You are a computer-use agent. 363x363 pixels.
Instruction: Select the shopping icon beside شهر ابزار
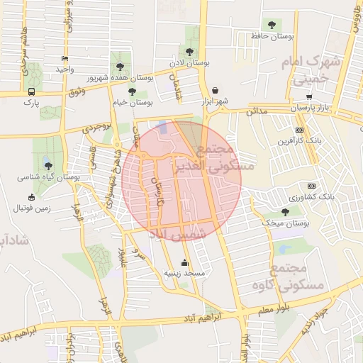click(215, 90)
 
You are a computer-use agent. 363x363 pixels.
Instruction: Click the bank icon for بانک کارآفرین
click(300, 130)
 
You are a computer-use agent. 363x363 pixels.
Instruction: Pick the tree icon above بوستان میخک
click(285, 212)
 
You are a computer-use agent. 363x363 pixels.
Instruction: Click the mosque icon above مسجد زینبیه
click(185, 262)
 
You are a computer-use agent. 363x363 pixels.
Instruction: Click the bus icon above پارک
click(31, 91)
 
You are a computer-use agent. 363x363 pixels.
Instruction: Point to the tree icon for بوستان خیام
click(132, 91)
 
